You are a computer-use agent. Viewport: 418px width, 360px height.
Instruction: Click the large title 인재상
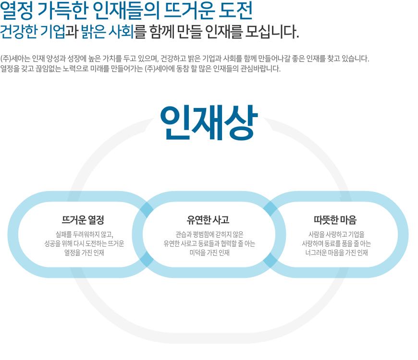click(x=209, y=123)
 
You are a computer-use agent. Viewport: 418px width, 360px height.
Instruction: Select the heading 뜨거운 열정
click(x=83, y=220)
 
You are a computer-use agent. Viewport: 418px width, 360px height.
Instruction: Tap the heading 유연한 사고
click(x=208, y=220)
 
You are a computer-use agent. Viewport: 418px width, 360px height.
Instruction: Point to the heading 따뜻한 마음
click(x=335, y=220)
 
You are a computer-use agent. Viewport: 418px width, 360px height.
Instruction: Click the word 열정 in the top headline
click(x=16, y=11)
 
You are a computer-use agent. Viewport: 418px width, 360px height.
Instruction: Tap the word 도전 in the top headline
click(x=235, y=11)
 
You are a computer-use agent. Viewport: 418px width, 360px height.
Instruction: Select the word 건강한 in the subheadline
click(x=19, y=32)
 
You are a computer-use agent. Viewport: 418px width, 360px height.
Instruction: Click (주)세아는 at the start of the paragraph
click(x=15, y=59)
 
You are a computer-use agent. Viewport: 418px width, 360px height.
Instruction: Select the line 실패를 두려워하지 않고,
click(x=84, y=234)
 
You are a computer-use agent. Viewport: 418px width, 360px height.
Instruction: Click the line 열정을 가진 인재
click(x=84, y=252)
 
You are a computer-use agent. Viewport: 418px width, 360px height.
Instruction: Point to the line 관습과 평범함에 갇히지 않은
click(x=209, y=234)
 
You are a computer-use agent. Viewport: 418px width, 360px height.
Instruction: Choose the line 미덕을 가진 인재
click(x=209, y=252)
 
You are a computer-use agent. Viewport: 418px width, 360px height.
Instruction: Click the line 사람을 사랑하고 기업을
click(x=336, y=234)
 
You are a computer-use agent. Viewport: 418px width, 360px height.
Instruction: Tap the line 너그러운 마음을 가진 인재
click(x=336, y=252)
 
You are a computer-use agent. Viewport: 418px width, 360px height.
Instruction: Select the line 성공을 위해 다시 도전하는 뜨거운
click(x=84, y=243)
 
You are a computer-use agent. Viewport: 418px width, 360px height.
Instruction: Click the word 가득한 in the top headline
click(x=63, y=11)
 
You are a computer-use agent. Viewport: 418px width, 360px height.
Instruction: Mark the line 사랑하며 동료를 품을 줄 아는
click(x=336, y=243)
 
